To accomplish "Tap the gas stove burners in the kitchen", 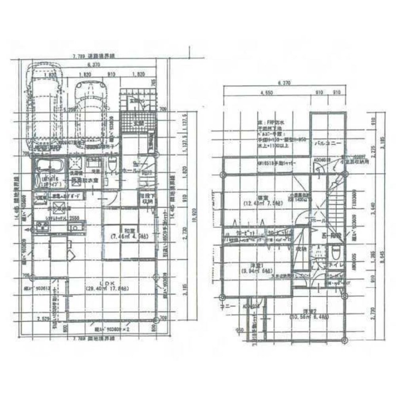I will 42,227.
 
